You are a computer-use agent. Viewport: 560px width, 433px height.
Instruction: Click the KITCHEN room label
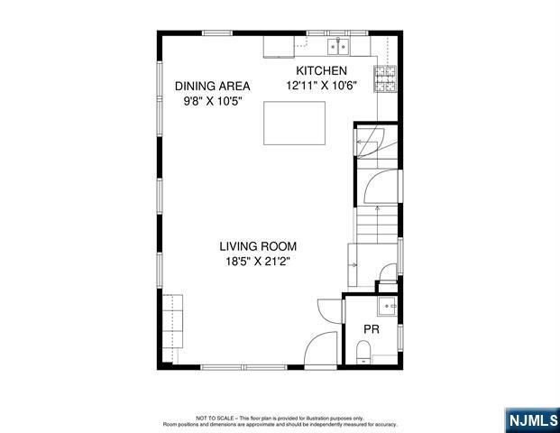(322, 70)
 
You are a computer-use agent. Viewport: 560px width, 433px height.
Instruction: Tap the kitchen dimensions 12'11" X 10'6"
(322, 86)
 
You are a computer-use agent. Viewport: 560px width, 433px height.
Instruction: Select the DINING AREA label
(212, 86)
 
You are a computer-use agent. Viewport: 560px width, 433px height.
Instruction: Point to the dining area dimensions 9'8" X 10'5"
(212, 101)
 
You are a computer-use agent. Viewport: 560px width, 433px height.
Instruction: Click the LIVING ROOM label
(257, 245)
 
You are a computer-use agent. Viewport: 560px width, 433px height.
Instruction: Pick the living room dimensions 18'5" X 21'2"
(257, 261)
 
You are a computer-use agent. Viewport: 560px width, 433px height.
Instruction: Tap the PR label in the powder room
(371, 330)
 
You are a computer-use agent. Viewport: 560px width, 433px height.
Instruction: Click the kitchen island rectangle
(295, 123)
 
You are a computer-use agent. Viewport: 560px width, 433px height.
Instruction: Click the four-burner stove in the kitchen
(385, 80)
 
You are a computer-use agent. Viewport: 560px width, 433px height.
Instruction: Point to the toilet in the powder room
(363, 359)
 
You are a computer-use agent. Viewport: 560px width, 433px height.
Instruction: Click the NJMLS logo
(529, 419)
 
